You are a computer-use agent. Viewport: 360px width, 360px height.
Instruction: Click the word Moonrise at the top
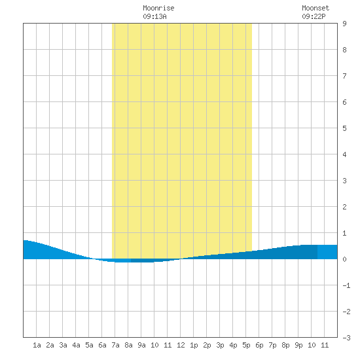[x=158, y=8]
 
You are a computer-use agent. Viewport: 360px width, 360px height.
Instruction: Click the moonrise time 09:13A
[x=154, y=16]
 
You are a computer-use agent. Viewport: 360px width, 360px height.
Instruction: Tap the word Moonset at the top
[x=315, y=8]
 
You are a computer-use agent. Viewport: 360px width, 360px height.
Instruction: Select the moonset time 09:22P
[x=314, y=16]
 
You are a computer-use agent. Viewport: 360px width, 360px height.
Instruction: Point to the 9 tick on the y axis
[x=344, y=24]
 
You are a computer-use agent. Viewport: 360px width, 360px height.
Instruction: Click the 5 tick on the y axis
[x=344, y=128]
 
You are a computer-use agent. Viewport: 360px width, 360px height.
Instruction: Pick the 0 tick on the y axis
[x=344, y=259]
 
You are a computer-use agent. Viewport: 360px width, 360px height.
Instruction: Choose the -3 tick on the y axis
[x=346, y=338]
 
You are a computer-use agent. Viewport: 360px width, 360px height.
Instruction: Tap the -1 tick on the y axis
[x=346, y=285]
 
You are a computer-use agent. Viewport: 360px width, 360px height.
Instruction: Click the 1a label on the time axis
[x=37, y=345]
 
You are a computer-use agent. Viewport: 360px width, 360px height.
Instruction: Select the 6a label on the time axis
[x=102, y=345]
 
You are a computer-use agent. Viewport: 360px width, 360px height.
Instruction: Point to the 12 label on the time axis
[x=181, y=345]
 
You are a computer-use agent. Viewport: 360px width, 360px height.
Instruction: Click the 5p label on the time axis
[x=246, y=345]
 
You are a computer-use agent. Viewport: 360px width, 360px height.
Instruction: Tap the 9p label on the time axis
[x=298, y=345]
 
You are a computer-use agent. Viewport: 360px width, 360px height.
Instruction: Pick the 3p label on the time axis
[x=220, y=345]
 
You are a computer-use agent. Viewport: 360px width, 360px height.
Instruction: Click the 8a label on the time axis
[x=128, y=345]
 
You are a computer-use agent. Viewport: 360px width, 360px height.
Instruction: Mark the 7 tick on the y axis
[x=344, y=76]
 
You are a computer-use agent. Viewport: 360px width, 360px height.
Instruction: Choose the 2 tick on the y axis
[x=344, y=207]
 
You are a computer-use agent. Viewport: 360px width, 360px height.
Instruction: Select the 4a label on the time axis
[x=76, y=345]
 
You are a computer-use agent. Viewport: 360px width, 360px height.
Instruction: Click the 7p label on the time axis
[x=272, y=345]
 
